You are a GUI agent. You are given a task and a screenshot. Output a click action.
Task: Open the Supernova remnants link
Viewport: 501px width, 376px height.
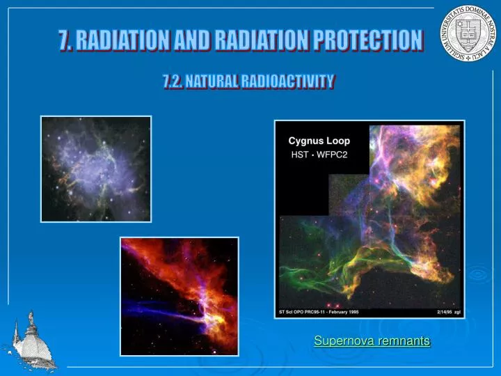[372, 340]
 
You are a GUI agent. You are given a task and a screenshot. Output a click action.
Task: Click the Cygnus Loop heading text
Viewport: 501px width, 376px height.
[319, 141]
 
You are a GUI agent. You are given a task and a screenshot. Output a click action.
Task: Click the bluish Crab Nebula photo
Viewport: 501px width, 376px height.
[96, 169]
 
